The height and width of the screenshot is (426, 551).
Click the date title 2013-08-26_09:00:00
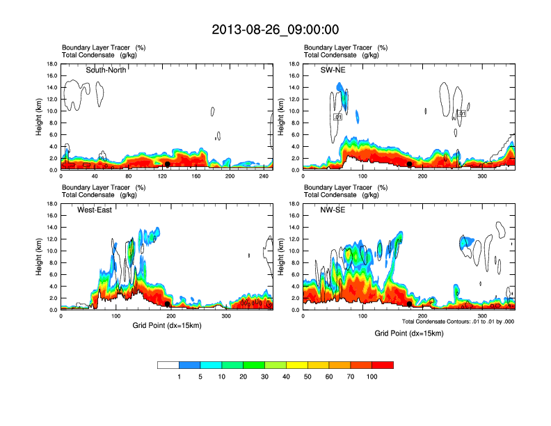pyautogui.click(x=275, y=29)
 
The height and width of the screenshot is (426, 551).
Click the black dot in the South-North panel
pyautogui.click(x=168, y=164)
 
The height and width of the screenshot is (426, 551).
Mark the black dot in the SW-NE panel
pyautogui.click(x=410, y=164)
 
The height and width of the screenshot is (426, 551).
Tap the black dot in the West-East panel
pyautogui.click(x=168, y=304)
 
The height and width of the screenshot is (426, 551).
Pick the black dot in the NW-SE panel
pyautogui.click(x=410, y=304)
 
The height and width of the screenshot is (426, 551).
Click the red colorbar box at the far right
pyautogui.click(x=383, y=365)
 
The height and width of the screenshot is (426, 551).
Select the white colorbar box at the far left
pyautogui.click(x=168, y=365)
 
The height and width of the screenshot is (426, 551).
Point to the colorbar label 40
pyautogui.click(x=287, y=377)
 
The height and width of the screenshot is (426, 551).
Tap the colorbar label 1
pyautogui.click(x=179, y=377)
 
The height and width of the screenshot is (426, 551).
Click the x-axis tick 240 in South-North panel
pyautogui.click(x=264, y=176)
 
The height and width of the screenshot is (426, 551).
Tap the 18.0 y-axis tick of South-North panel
pyautogui.click(x=52, y=64)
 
